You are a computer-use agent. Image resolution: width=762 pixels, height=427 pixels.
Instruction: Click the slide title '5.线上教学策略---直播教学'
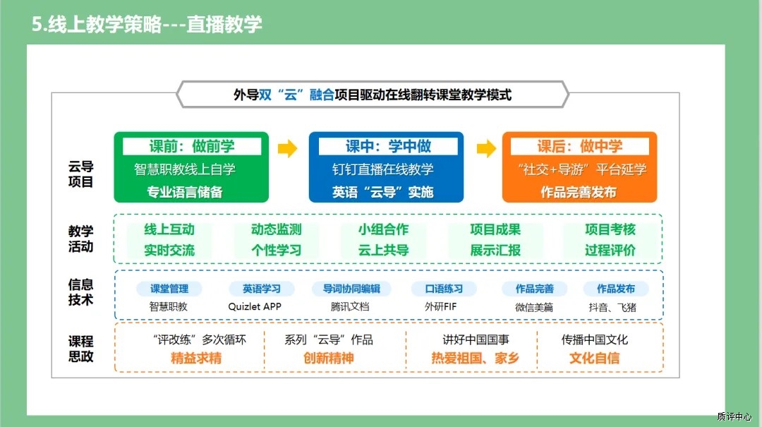pos(147,24)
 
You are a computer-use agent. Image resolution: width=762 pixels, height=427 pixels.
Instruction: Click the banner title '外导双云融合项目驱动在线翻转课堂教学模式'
pos(373,95)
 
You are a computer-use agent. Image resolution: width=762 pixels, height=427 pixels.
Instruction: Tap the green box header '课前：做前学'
pos(191,146)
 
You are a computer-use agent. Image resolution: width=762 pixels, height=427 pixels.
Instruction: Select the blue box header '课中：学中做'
pos(388,146)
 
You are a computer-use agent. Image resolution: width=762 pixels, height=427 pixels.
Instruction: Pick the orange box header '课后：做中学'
pos(580,146)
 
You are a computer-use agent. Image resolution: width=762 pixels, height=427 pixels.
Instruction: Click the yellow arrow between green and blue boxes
pos(288,148)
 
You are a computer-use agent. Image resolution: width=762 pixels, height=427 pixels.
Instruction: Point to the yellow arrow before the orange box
pos(486,148)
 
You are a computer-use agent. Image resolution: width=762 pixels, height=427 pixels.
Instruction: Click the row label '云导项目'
pos(80,174)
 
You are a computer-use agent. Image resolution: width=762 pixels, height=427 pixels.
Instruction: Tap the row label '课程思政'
pos(80,349)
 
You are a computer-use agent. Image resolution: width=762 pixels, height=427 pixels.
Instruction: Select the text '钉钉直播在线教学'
pos(383,169)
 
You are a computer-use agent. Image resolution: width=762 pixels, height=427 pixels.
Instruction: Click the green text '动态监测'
pos(277,229)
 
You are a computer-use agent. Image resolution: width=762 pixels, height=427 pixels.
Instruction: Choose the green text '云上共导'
pos(383,250)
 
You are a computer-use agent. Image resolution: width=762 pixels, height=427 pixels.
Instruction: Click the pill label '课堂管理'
pos(169,289)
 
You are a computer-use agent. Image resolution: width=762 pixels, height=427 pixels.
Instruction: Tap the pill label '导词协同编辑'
pos(351,289)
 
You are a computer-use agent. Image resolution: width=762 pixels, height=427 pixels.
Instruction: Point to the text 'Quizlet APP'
pos(255,306)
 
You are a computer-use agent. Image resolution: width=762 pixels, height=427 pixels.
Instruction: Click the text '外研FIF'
pos(440,306)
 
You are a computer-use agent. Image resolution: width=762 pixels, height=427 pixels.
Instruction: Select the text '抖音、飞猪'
pos(612,307)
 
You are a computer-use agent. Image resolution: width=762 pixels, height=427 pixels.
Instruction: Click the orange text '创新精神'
pos(329,359)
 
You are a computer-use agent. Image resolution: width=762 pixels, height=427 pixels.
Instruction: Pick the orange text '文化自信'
pos(594,359)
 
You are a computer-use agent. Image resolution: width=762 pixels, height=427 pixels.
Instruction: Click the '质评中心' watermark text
pos(734,417)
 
